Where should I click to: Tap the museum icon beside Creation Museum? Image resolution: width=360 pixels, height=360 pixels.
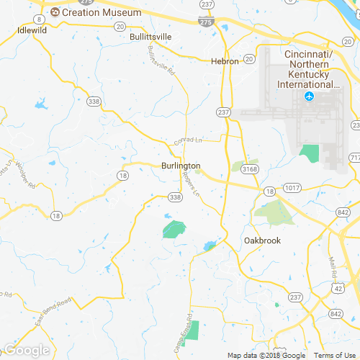coord(55,12)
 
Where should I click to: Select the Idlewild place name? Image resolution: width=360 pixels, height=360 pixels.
coord(32,31)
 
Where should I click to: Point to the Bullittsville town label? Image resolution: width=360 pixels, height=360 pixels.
coord(150,36)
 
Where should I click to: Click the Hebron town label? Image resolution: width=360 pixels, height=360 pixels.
coord(224,62)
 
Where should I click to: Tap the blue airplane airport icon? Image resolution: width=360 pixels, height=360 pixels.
coord(310,96)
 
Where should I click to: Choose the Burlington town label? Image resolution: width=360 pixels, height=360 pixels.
coord(171,166)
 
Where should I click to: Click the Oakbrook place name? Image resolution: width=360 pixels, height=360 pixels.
coord(262,240)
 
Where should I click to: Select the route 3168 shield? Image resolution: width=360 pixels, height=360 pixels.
coord(250,169)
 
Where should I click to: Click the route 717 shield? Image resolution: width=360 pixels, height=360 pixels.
coord(354,157)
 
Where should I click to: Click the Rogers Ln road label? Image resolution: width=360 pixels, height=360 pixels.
coord(191,184)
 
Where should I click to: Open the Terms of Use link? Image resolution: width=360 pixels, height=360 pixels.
coord(333,356)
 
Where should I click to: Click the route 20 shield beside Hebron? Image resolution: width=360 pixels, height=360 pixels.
coord(248,59)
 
